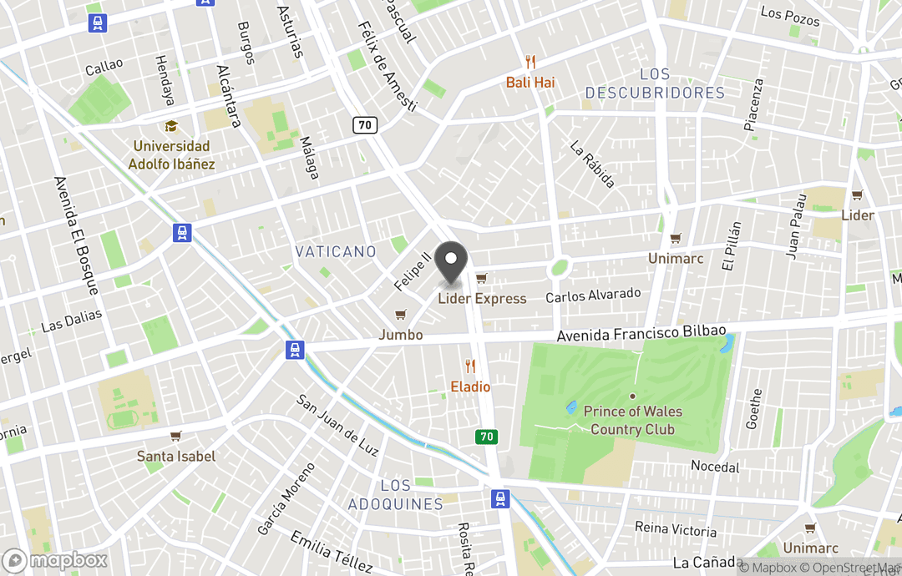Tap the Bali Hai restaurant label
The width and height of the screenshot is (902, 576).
point(530,83)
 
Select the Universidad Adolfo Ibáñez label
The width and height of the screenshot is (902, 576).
point(171,155)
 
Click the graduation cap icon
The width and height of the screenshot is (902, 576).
point(171,126)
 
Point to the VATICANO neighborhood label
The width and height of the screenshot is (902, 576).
point(336,251)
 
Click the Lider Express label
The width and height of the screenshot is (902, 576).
point(483,298)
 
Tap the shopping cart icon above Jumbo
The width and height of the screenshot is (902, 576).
point(401,315)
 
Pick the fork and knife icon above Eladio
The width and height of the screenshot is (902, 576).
point(470,366)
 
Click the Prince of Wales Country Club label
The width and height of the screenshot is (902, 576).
point(632,420)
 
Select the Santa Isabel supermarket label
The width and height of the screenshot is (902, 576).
point(176,456)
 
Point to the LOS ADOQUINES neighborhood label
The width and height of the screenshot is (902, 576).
point(395,495)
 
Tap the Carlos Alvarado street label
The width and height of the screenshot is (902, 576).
point(593,296)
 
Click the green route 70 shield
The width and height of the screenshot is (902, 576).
point(485,437)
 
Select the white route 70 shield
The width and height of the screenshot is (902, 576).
point(365,125)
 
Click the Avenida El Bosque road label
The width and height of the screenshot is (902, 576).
point(76,235)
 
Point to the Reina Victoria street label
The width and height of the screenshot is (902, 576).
point(676,530)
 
